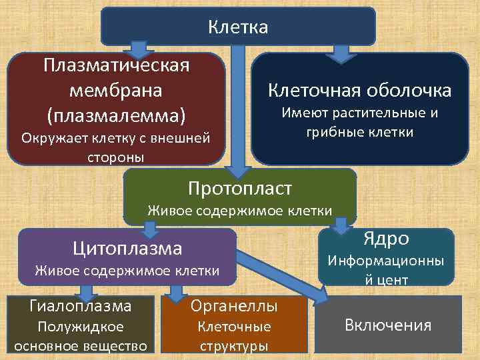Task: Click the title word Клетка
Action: coord(238,27)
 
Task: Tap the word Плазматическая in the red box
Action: coord(115,66)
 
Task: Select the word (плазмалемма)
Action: coord(115,115)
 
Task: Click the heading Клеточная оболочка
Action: coord(359,90)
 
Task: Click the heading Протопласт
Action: coord(240,189)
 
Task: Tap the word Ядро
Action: coord(385,239)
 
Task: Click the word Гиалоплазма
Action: coord(80,306)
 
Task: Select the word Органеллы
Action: coord(234,306)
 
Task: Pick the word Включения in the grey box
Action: coord(388,325)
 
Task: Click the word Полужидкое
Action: coord(81,327)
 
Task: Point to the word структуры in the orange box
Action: coord(234,345)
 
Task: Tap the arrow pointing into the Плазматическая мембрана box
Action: coord(139,50)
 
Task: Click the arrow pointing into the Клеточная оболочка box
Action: coord(341,53)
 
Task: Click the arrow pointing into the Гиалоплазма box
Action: coord(85,292)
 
